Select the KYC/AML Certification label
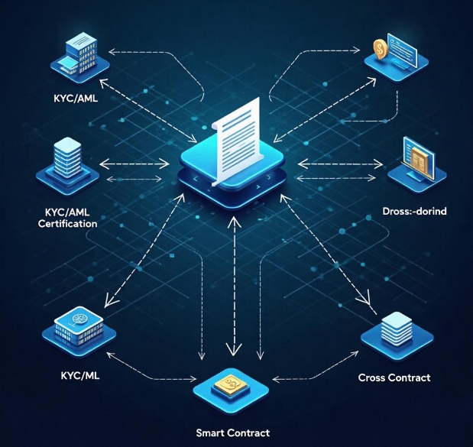(x=68, y=218)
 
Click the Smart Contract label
(x=233, y=433)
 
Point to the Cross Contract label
(x=394, y=378)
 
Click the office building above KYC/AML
(x=77, y=51)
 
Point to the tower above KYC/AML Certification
(x=67, y=158)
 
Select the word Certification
(x=68, y=224)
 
